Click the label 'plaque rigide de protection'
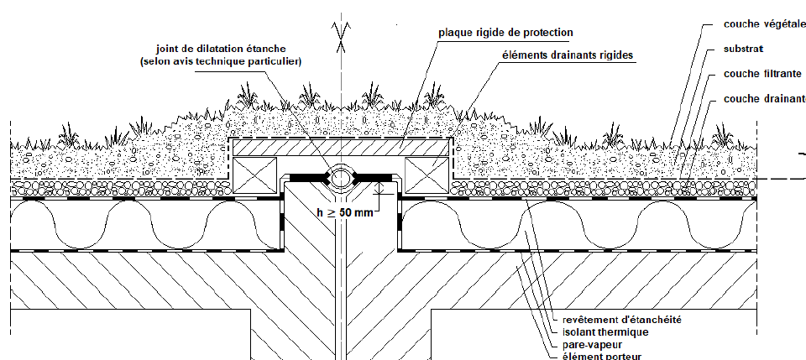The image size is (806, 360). [x=505, y=33]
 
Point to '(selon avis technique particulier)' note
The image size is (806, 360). [x=219, y=61]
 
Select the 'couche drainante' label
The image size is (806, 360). [x=764, y=99]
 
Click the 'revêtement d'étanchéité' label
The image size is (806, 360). [x=621, y=319]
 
